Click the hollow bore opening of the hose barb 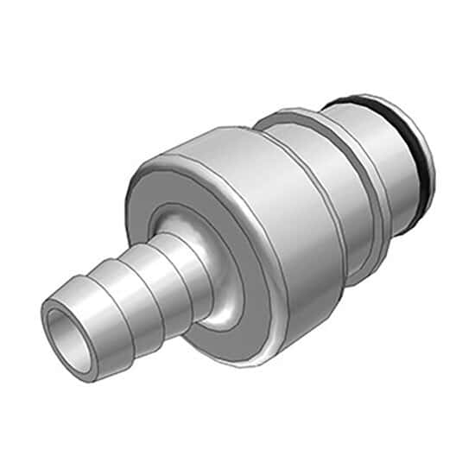(67, 331)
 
